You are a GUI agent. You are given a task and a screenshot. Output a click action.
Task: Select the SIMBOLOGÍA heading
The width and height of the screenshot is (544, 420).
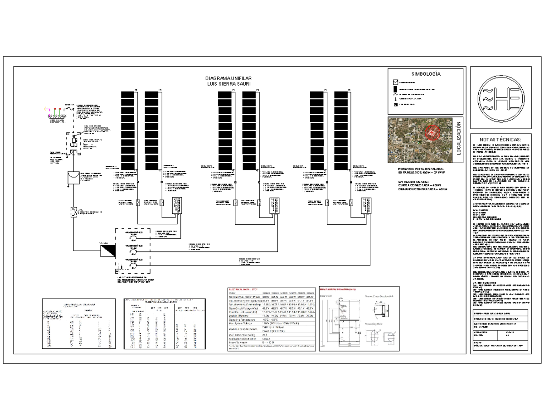pos(426,74)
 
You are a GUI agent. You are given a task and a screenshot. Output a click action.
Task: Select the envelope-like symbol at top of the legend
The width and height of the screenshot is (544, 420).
pos(395,83)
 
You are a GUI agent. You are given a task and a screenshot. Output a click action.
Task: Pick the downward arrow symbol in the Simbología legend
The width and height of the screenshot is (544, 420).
pos(395,98)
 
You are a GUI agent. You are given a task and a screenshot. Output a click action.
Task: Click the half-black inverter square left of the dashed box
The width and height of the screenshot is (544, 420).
pos(108,250)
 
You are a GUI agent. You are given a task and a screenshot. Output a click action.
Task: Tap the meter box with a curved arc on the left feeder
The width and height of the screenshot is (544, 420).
pos(72,178)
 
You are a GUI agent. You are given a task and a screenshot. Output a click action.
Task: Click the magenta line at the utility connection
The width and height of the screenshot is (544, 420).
pos(47,109)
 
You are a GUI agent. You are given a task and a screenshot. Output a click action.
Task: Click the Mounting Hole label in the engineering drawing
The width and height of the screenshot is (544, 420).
pos(375,324)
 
